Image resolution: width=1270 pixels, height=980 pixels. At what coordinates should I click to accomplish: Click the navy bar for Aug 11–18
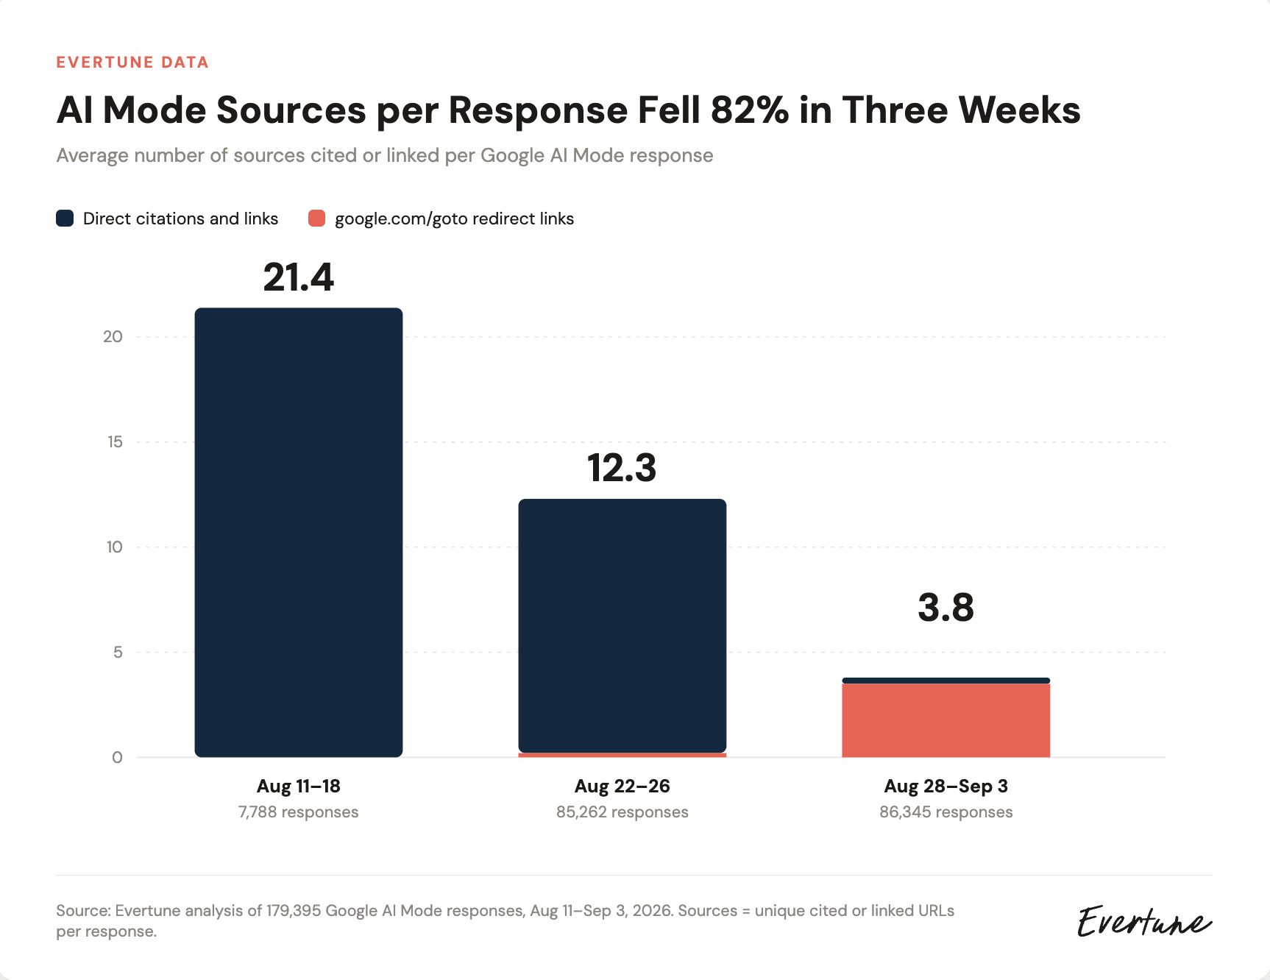click(299, 533)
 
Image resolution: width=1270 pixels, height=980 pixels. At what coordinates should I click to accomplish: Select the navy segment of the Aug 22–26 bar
click(622, 625)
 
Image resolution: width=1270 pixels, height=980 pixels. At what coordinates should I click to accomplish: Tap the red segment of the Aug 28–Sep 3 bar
click(946, 720)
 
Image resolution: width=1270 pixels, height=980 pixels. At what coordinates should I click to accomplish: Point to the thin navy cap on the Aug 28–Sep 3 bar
click(946, 681)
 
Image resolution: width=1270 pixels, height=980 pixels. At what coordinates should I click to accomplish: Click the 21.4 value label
click(299, 277)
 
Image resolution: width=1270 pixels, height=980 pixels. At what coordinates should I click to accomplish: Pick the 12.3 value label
click(622, 468)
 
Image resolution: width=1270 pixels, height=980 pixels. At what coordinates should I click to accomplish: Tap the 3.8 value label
click(946, 608)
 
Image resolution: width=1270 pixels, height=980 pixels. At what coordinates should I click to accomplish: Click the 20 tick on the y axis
click(113, 337)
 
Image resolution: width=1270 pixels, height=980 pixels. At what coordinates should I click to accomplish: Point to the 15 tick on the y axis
click(115, 442)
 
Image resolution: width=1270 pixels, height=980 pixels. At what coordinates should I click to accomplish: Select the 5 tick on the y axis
click(118, 653)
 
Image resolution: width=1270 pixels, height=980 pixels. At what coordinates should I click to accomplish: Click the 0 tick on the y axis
click(117, 758)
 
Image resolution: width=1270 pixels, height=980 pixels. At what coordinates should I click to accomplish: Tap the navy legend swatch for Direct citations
click(65, 219)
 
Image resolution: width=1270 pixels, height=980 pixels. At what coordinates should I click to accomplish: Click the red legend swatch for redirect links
click(316, 219)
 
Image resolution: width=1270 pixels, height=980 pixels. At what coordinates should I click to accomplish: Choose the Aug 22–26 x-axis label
click(622, 786)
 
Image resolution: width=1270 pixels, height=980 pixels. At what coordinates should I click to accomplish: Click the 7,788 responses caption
click(299, 812)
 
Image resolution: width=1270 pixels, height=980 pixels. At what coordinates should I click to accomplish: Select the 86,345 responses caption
click(946, 812)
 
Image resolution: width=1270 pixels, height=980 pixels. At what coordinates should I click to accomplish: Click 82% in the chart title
click(750, 110)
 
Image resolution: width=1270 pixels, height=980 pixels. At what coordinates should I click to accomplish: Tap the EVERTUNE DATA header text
click(132, 63)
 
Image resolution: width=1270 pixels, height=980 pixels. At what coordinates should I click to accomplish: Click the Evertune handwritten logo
click(1144, 921)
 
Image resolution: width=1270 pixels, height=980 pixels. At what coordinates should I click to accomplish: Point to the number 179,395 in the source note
click(294, 911)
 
